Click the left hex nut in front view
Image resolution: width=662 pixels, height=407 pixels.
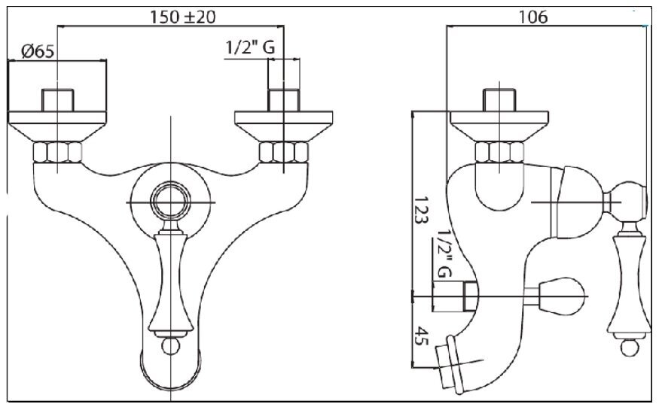(x=57, y=153)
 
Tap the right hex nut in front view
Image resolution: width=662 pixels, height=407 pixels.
(x=284, y=153)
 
